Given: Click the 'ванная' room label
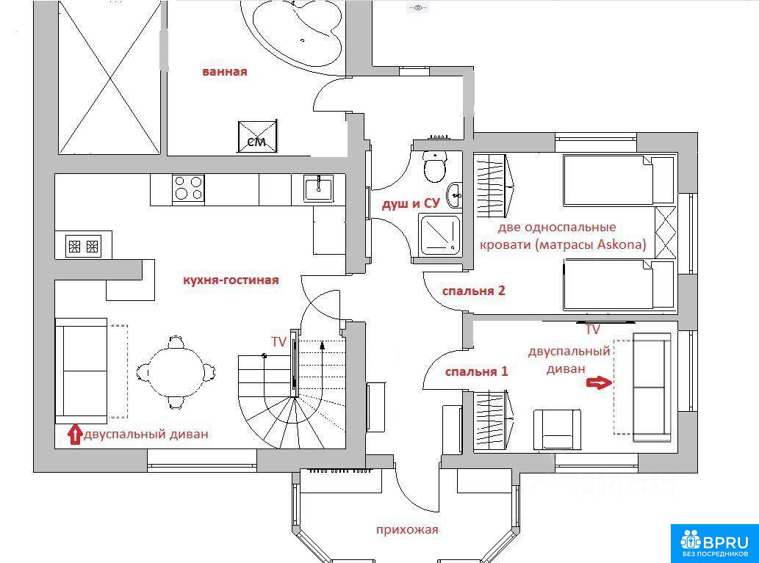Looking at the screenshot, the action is tap(225, 72).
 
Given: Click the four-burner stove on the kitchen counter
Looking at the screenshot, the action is tap(188, 188).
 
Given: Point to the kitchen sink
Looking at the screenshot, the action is tap(318, 188).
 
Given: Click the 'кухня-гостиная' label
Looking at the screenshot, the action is tap(231, 280).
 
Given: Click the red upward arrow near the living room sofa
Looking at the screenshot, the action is tap(74, 435).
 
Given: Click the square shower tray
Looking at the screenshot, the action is tap(440, 236).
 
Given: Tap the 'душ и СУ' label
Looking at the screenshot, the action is tap(411, 203).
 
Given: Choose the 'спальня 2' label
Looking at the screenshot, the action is tap(474, 291).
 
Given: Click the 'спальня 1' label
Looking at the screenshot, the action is tap(477, 371).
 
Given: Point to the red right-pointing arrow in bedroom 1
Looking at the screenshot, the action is tap(600, 383).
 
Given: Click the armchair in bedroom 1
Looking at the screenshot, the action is tap(557, 429).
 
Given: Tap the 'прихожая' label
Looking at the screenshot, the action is tap(407, 530).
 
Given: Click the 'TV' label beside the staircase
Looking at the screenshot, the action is tap(278, 342).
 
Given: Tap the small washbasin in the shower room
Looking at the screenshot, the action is tap(454, 195).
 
